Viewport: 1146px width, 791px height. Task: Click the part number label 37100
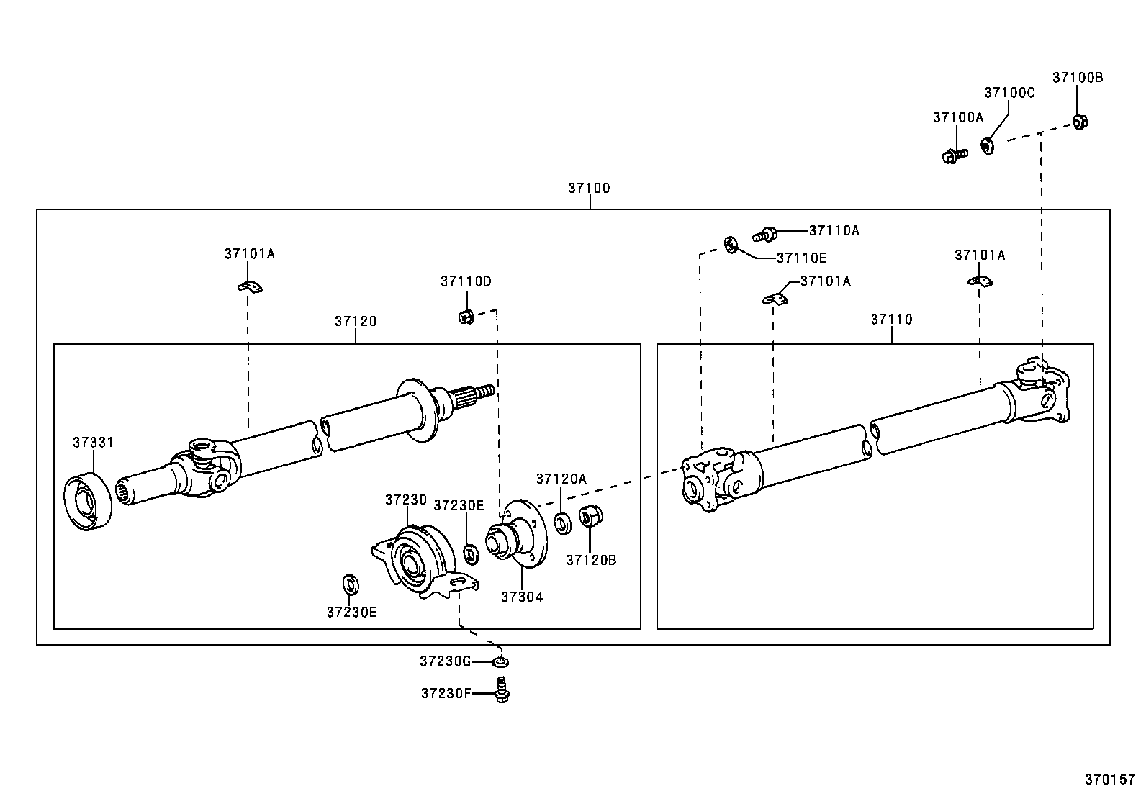click(588, 188)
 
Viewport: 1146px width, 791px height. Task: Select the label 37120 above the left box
click(355, 321)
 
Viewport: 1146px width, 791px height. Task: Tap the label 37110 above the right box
click(891, 319)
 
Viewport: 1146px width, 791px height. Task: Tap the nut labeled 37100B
click(1079, 122)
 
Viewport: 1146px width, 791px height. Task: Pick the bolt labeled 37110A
click(764, 233)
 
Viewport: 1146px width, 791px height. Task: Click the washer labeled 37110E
click(729, 245)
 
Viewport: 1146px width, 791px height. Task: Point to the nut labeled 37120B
click(590, 515)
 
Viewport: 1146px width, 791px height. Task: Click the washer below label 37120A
click(563, 523)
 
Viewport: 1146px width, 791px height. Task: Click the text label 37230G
click(445, 661)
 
